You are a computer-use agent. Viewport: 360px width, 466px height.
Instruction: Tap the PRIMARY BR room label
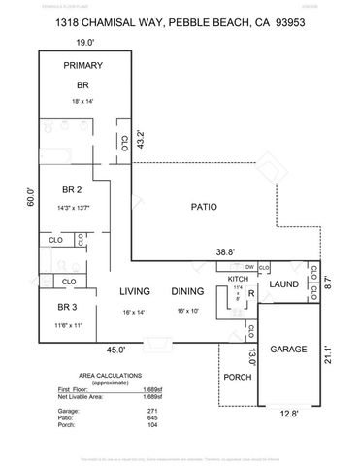click(83, 75)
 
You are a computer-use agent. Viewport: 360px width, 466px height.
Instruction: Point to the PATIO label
click(204, 207)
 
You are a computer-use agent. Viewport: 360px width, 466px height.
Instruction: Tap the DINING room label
click(187, 291)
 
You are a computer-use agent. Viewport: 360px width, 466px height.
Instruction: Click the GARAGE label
click(287, 349)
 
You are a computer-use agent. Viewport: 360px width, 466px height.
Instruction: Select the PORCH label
click(237, 378)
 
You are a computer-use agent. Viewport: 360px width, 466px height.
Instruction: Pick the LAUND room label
click(283, 283)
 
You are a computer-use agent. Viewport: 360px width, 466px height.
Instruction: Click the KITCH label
click(239, 279)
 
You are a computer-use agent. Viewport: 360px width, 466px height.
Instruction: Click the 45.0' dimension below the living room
click(115, 350)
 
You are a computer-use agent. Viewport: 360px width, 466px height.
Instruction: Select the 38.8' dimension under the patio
click(225, 251)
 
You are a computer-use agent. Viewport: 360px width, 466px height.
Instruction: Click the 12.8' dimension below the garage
click(288, 413)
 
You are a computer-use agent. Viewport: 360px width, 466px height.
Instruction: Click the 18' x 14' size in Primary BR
click(83, 100)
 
